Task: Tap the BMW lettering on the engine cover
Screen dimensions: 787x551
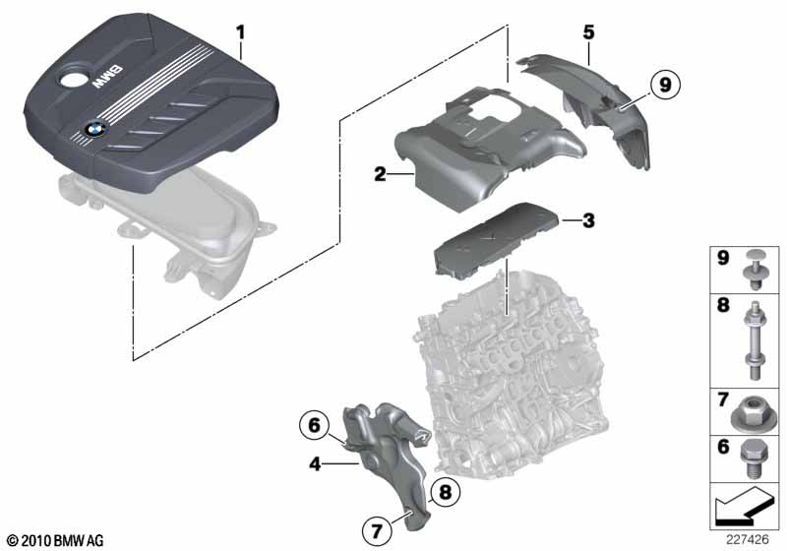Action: (x=106, y=77)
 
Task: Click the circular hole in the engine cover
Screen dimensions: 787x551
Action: (x=74, y=81)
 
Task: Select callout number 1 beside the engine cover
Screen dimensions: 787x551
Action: (x=241, y=33)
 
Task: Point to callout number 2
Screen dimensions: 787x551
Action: (x=380, y=174)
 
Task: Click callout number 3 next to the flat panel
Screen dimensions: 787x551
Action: (x=588, y=220)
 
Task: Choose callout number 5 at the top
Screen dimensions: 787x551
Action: (x=588, y=32)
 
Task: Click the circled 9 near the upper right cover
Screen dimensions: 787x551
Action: (x=665, y=85)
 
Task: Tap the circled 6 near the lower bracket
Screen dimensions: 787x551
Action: (x=314, y=425)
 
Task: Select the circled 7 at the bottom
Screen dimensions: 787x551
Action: (x=377, y=530)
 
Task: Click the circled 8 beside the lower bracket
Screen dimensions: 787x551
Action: (x=446, y=492)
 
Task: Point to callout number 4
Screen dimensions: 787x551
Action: (x=315, y=464)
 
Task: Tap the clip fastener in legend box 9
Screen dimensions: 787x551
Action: (x=755, y=269)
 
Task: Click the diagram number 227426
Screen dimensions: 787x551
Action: (x=748, y=539)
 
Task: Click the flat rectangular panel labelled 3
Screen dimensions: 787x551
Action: (x=497, y=238)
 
